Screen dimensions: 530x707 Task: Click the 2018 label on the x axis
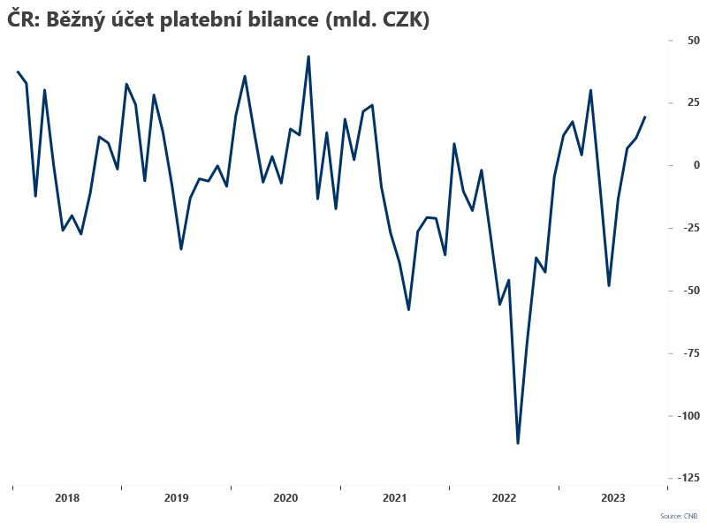pyautogui.click(x=67, y=498)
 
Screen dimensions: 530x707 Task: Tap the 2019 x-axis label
pyautogui.click(x=176, y=498)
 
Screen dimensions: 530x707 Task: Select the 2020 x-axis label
pyautogui.click(x=285, y=498)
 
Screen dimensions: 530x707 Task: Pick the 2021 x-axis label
pyautogui.click(x=394, y=498)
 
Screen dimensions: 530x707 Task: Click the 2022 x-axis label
pyautogui.click(x=504, y=498)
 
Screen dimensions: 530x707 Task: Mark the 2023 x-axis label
pyautogui.click(x=612, y=498)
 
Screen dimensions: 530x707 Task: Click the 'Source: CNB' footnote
pyautogui.click(x=678, y=515)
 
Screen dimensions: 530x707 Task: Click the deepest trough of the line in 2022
pyautogui.click(x=518, y=443)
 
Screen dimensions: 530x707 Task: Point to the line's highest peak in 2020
pyautogui.click(x=308, y=57)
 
